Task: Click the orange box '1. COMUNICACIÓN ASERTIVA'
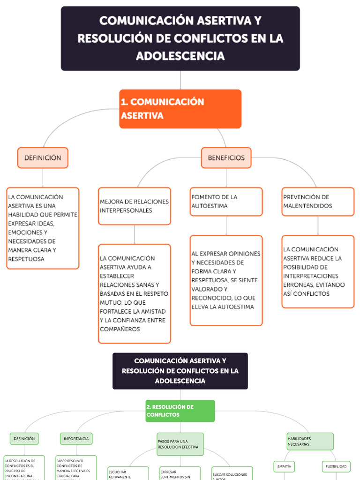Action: point(180,109)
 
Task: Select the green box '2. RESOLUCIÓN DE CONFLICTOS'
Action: point(180,411)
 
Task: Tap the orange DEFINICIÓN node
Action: point(43,158)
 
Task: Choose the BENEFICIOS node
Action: point(226,158)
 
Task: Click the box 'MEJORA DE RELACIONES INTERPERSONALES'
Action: point(134,206)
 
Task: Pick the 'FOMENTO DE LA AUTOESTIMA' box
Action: point(226,202)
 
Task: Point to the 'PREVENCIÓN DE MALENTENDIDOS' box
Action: point(318,202)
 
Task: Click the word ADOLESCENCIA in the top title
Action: point(180,56)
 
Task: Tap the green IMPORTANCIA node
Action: point(76,439)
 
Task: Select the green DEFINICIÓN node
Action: point(24,439)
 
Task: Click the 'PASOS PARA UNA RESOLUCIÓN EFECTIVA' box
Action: point(180,444)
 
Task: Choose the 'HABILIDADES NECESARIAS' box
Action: point(310,442)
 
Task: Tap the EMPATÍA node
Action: point(284,466)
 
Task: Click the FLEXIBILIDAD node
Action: point(336,466)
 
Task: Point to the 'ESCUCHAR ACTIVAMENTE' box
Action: point(128,473)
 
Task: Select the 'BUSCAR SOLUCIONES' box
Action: point(232,474)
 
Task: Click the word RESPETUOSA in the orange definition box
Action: point(27,259)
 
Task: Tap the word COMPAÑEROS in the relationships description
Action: point(120,329)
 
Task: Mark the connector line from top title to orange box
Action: point(180,80)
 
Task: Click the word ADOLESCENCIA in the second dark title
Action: point(180,381)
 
